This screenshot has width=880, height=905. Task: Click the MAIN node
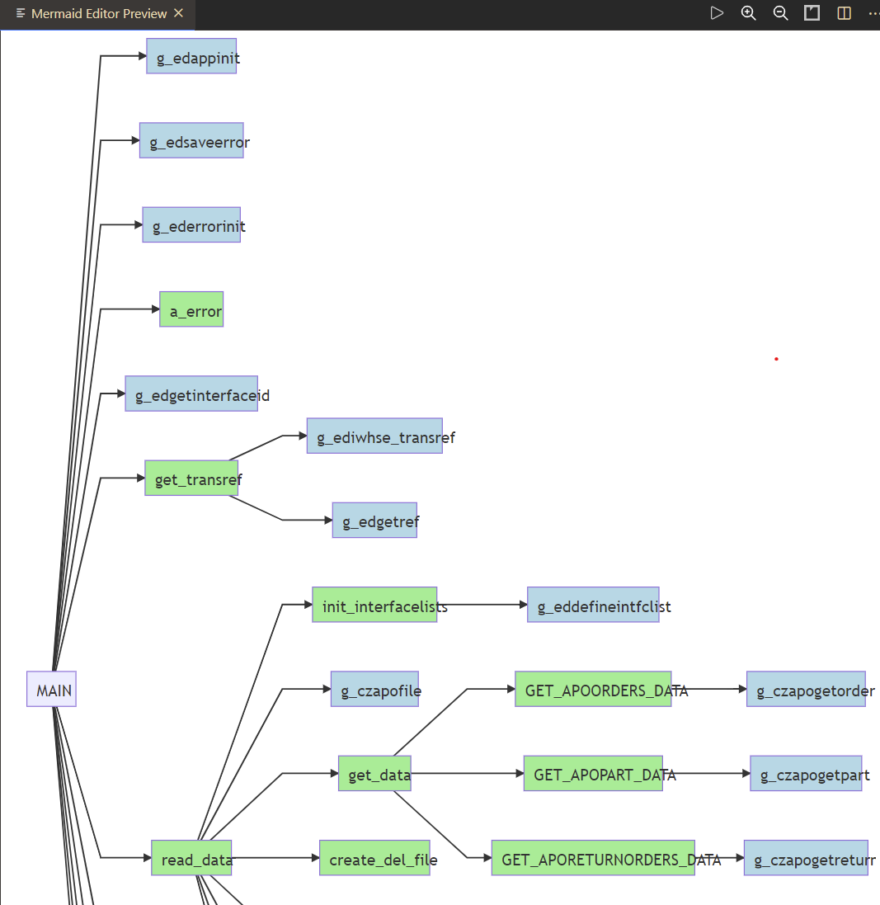51,689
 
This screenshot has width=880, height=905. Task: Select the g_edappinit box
191,56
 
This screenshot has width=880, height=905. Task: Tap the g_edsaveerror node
191,140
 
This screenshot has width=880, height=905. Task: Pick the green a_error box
191,309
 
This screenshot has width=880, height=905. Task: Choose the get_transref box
191,478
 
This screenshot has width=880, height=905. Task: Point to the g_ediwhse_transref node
374,436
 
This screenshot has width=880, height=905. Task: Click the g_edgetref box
374,520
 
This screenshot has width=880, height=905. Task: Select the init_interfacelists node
374,605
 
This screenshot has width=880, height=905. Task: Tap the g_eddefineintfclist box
593,605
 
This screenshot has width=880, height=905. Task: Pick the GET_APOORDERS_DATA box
593,689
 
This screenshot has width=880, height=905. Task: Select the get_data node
374,773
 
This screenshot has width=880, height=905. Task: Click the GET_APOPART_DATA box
593,773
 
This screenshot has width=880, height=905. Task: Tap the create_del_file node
374,858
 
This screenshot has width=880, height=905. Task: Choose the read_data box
191,858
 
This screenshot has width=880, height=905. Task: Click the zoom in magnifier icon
748,13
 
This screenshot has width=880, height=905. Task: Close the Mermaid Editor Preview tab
179,13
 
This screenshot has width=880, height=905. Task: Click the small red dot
776,359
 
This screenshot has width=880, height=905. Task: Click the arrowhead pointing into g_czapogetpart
745,773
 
